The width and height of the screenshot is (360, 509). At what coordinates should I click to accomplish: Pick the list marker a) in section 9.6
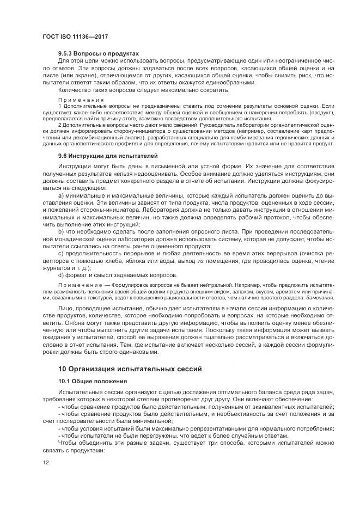(60, 194)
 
